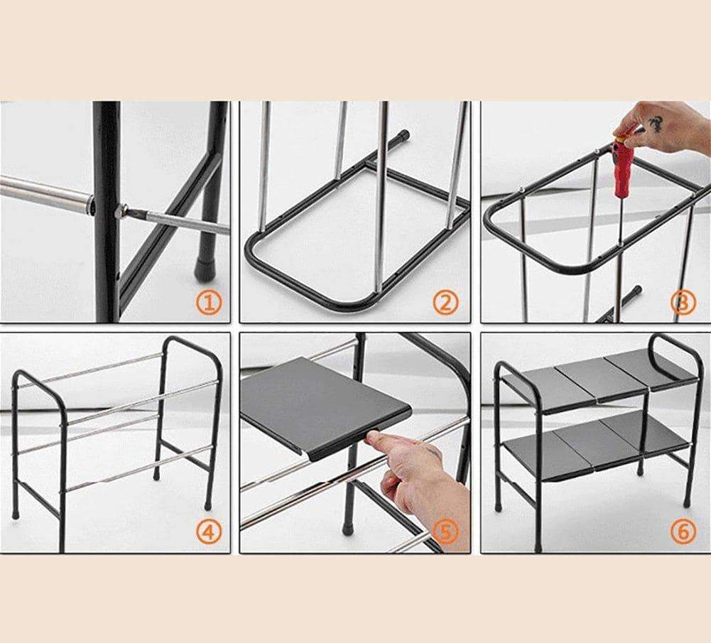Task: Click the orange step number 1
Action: (209, 303)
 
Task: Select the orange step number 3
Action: (683, 303)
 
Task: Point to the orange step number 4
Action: (209, 531)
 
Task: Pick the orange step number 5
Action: (446, 531)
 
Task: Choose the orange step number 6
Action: (683, 531)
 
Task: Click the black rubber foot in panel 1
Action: (202, 268)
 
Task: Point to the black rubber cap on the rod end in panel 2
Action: (401, 135)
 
